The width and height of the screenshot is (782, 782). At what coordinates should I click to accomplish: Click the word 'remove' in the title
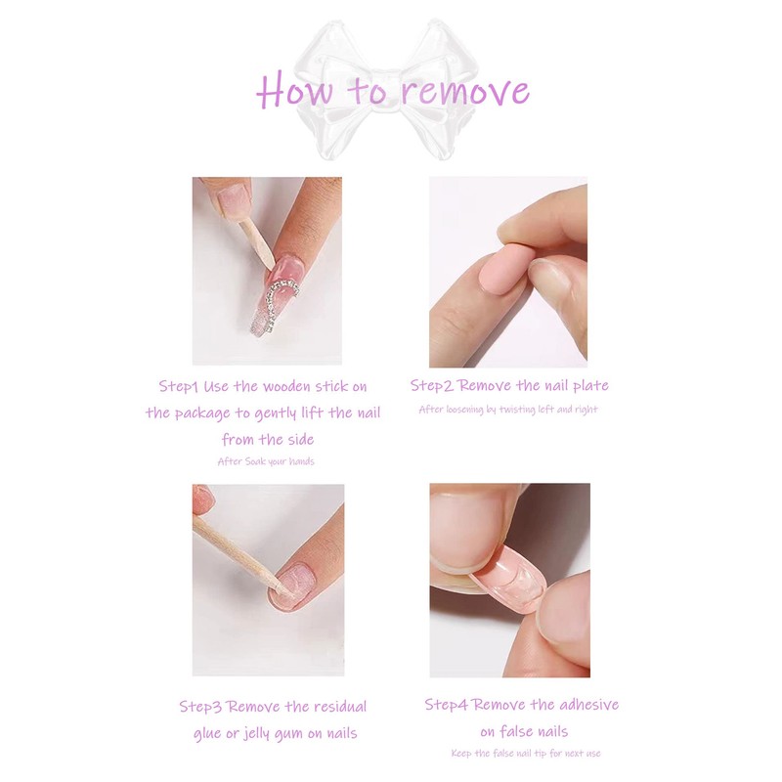click(x=464, y=92)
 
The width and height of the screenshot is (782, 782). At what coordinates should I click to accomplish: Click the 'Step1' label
click(x=180, y=386)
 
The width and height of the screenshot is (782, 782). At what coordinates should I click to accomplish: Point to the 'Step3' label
click(x=201, y=706)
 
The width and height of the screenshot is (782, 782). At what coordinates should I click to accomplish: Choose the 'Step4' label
click(x=447, y=704)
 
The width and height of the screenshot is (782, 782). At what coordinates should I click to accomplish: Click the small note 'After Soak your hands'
click(x=266, y=460)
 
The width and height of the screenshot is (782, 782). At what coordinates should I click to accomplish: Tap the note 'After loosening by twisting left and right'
click(x=507, y=409)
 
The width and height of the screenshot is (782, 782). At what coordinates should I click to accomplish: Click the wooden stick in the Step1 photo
click(x=256, y=239)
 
